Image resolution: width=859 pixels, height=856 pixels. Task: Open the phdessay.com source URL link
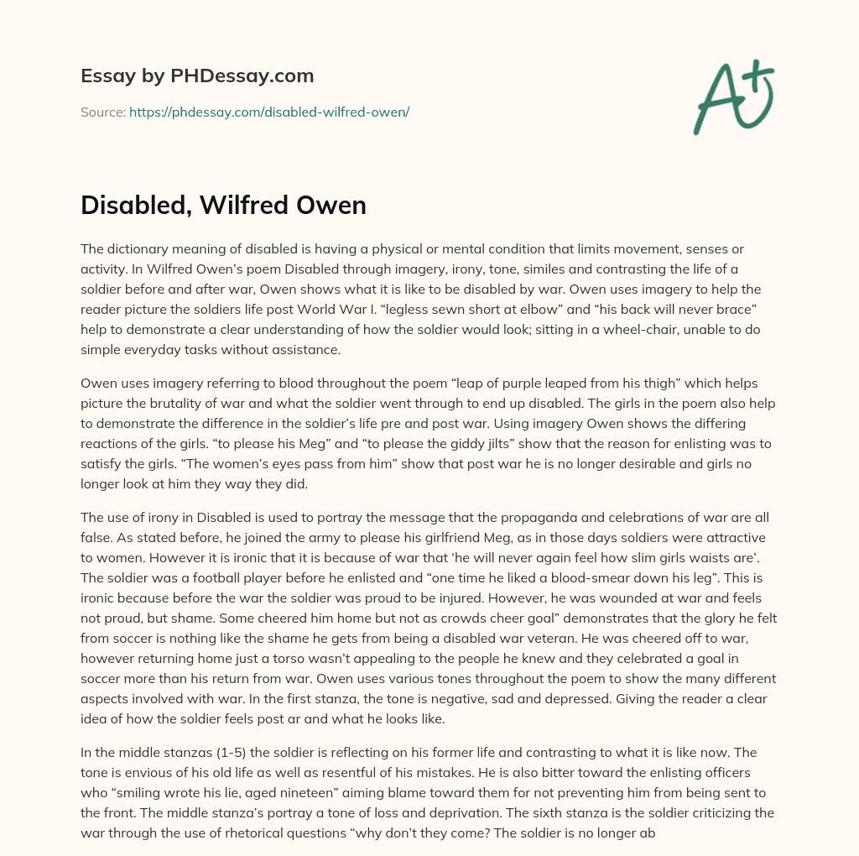click(x=268, y=112)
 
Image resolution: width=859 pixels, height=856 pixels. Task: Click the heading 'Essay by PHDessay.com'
click(x=197, y=76)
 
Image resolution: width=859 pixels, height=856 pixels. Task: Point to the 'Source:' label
click(x=102, y=112)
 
